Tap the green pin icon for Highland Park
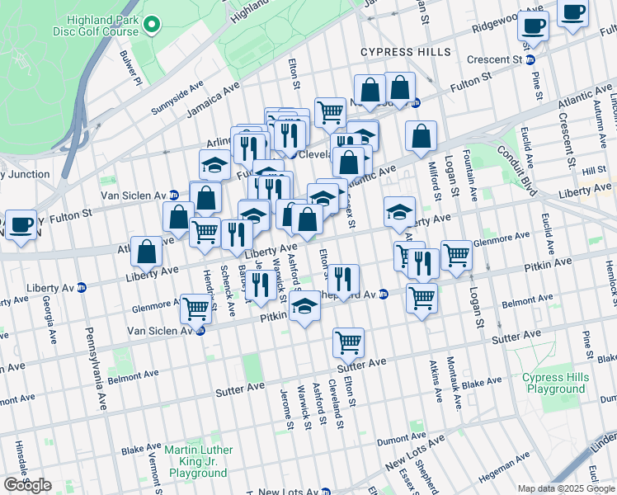point(150,26)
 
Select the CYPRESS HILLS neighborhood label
point(406,52)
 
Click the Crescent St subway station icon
point(530,59)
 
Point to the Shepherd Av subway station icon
point(384,295)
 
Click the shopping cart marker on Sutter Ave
point(349,342)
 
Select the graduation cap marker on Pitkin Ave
point(304,309)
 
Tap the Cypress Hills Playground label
point(553,383)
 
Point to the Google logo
point(27,485)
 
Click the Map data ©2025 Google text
point(566,488)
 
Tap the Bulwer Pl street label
point(129,69)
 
